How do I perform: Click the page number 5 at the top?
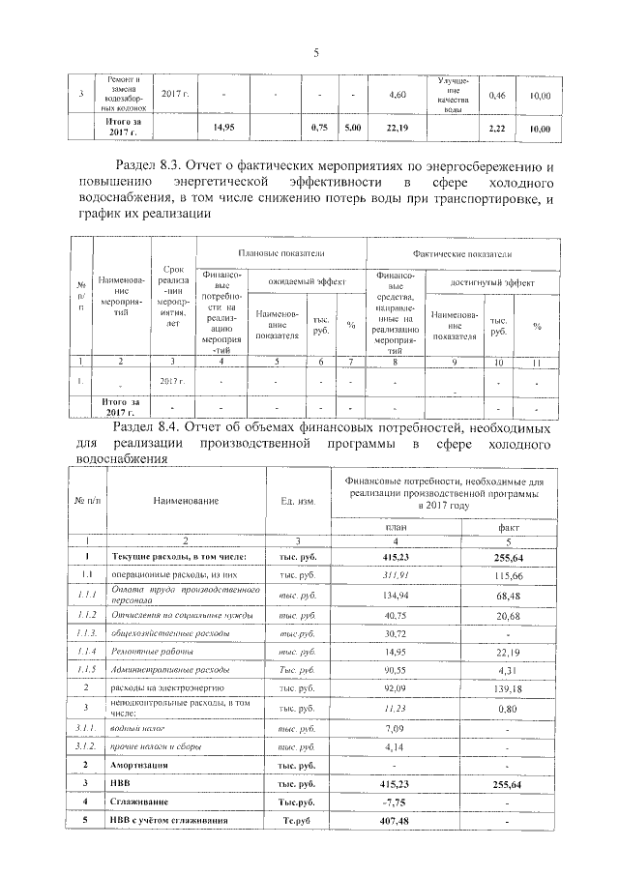click(315, 53)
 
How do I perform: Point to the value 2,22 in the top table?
click(498, 128)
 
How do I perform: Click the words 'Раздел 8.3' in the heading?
click(155, 166)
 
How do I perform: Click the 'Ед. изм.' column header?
click(298, 500)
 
